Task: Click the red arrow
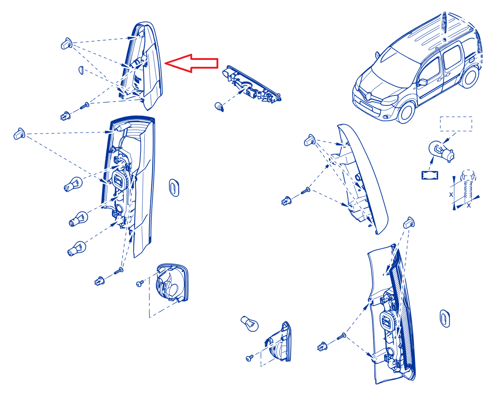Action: (191, 63)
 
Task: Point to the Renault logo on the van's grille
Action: (368, 96)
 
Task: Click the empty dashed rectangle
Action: (456, 123)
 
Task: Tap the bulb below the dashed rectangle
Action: (441, 151)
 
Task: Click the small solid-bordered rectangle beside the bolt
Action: (430, 175)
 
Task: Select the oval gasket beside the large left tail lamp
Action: (174, 188)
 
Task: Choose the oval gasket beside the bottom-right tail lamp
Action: (445, 318)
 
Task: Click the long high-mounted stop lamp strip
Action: (251, 84)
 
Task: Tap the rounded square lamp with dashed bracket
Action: (172, 283)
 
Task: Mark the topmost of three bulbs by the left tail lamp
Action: (73, 184)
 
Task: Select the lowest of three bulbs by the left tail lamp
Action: (76, 249)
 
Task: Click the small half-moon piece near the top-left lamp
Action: (81, 70)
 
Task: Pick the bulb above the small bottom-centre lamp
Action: (250, 324)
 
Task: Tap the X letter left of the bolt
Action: (451, 194)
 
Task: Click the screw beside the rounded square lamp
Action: (140, 284)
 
